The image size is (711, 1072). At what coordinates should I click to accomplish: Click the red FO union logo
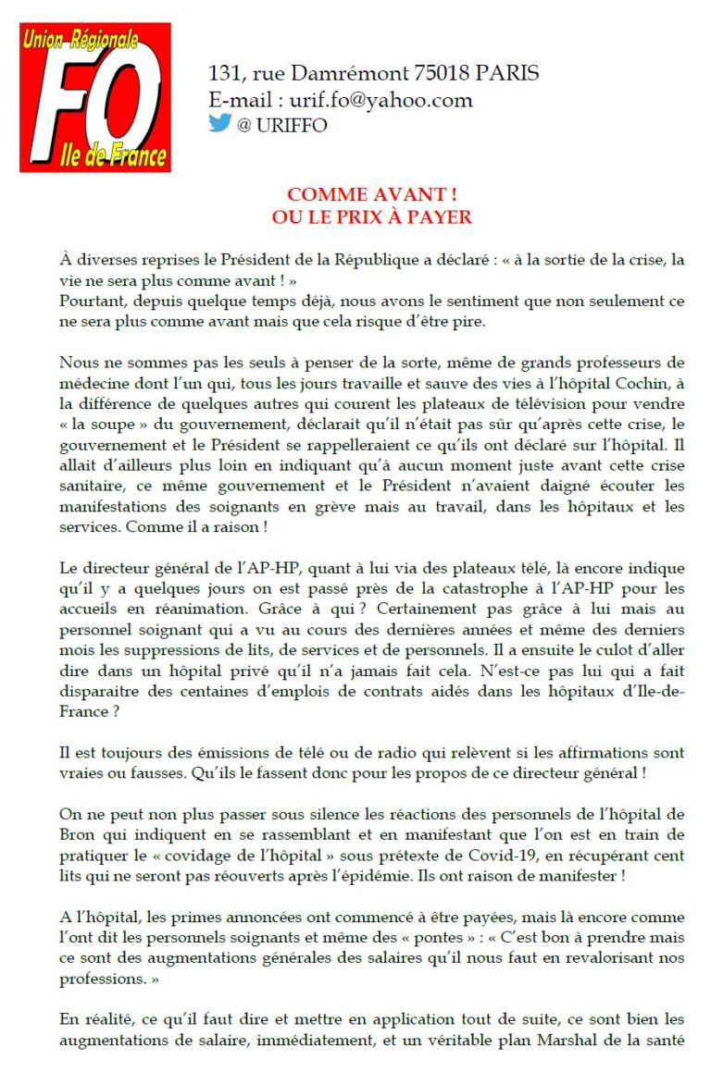(95, 97)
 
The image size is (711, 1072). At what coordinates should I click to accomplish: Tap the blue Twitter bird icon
(219, 123)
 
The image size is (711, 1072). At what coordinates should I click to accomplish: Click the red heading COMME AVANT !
(371, 194)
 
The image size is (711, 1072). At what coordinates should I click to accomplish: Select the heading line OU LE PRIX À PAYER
(371, 217)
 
